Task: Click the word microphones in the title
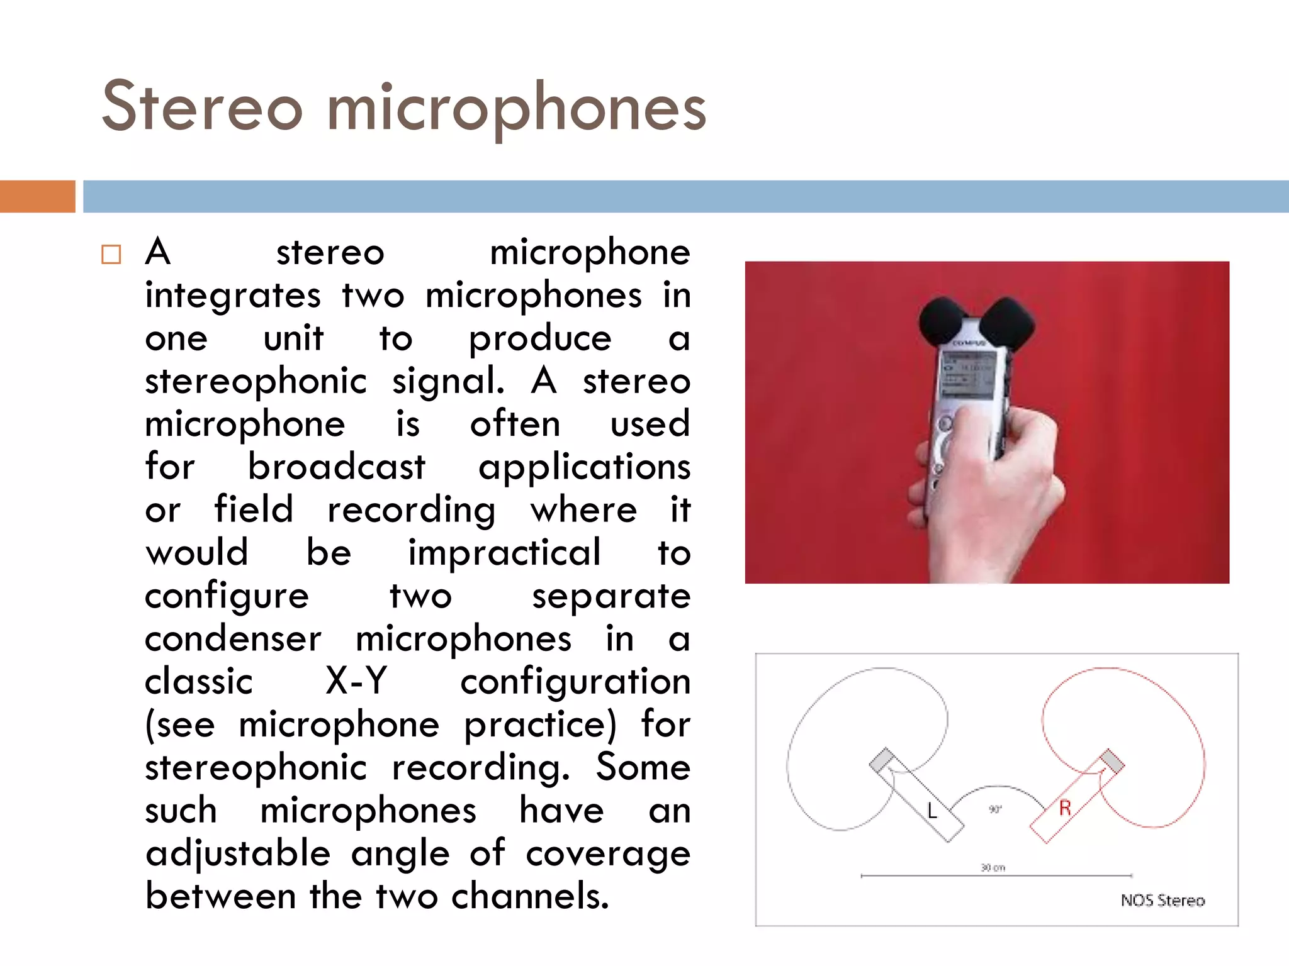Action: click(x=516, y=109)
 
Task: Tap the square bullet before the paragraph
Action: click(x=111, y=255)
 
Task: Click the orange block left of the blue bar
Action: click(x=37, y=196)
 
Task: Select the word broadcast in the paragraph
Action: click(x=336, y=467)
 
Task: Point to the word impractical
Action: click(x=504, y=553)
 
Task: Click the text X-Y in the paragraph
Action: click(x=356, y=681)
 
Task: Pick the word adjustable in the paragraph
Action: click(x=238, y=853)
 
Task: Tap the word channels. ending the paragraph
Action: click(x=530, y=896)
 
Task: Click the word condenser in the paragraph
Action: click(x=233, y=639)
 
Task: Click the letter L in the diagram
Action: click(x=932, y=811)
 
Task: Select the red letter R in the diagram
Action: click(x=1064, y=808)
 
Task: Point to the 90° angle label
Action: click(x=994, y=809)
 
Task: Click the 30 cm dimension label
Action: click(x=993, y=868)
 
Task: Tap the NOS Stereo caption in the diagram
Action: click(x=1162, y=901)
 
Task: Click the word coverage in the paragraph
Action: click(x=608, y=853)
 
